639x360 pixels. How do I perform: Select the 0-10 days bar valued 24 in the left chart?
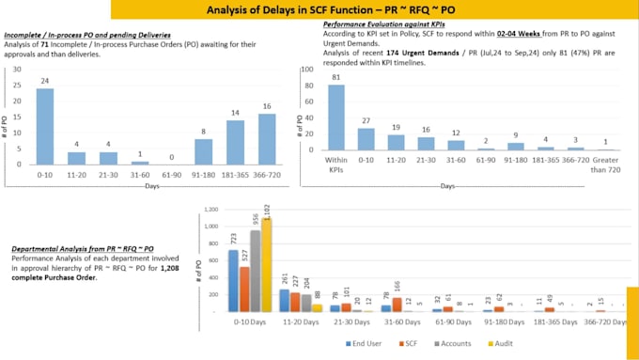tap(45, 126)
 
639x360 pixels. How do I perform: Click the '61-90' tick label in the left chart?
tap(171, 174)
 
